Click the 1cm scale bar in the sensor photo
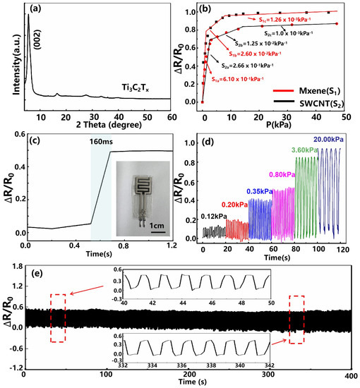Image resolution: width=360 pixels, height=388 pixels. pos(140,226)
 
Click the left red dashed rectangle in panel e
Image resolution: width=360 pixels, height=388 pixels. pos(59,317)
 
